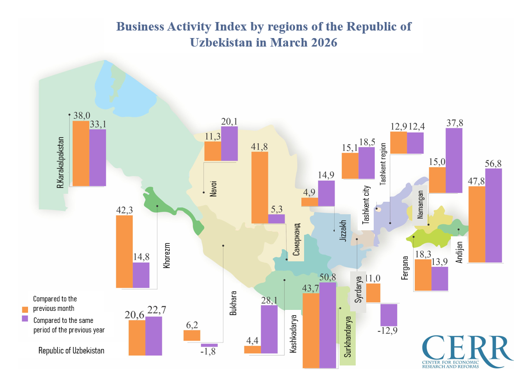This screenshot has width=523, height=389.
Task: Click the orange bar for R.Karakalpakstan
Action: (x=81, y=153)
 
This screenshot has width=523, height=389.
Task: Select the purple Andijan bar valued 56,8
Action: (x=493, y=215)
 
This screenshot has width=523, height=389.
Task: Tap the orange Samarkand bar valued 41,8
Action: (x=259, y=187)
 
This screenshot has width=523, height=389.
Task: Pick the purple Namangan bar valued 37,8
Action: (x=454, y=160)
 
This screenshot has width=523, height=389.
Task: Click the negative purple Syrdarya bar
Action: (x=389, y=315)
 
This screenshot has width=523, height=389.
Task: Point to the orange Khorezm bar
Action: (x=124, y=251)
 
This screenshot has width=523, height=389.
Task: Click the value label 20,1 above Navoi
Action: (x=229, y=121)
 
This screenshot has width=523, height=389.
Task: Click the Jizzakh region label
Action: (x=343, y=230)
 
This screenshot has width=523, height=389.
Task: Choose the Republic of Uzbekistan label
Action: (x=72, y=351)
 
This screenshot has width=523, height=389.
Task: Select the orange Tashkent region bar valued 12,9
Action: (x=398, y=143)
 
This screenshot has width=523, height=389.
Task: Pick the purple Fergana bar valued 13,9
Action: (x=439, y=278)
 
